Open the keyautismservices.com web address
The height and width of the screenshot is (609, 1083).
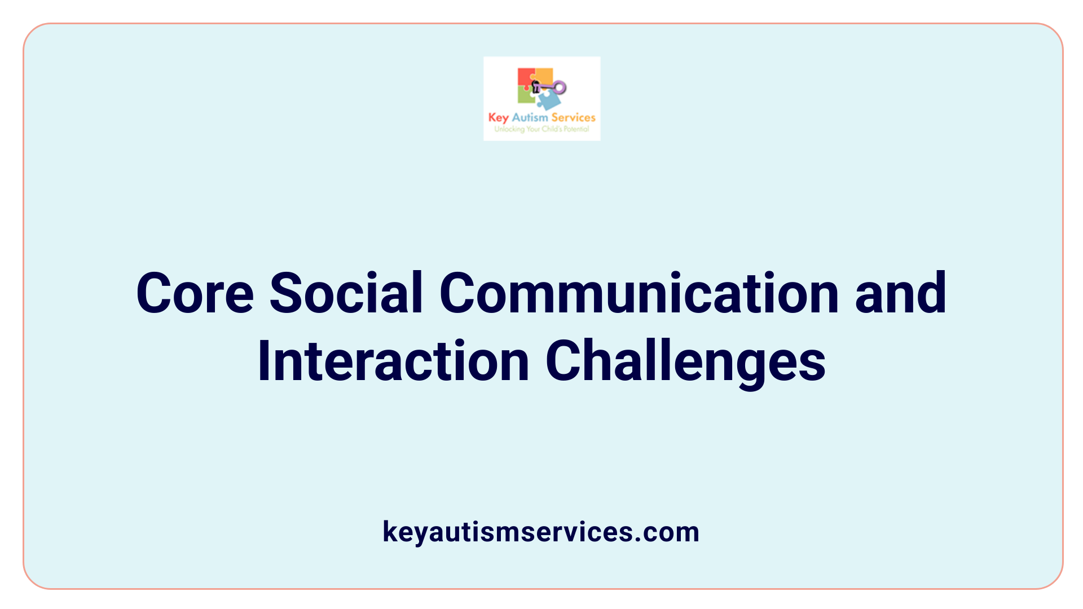coord(541,532)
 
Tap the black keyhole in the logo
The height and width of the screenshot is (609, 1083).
coord(536,87)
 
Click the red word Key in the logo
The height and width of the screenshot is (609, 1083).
coord(499,118)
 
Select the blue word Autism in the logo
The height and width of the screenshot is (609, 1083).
coord(530,117)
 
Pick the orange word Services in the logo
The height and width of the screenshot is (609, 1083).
coord(573,117)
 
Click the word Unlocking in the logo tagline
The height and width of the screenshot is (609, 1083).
coord(509,129)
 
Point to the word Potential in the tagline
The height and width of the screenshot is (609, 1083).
coord(576,129)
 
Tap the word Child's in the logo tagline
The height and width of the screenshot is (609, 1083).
coord(552,129)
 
